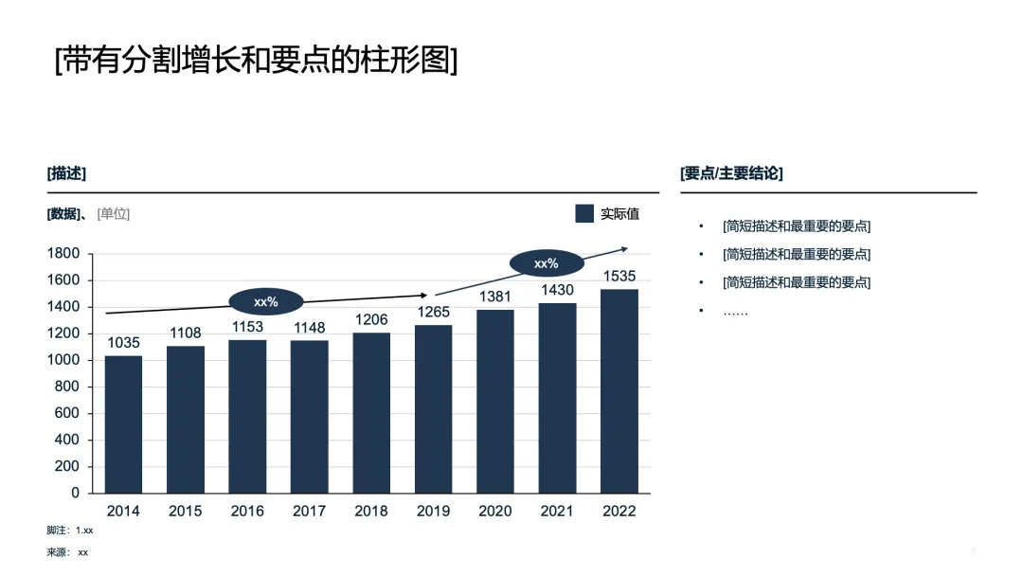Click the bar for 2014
[x=123, y=424]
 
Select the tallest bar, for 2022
[x=619, y=390]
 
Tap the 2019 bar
[x=433, y=409]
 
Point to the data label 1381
[x=495, y=297]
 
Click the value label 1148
[x=309, y=328]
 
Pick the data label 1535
[x=619, y=276]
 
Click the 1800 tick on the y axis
[x=63, y=253]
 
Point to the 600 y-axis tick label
[x=67, y=413]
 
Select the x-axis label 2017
[x=309, y=511]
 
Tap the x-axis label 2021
[x=557, y=511]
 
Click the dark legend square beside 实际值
[x=584, y=213]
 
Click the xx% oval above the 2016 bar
[x=266, y=301]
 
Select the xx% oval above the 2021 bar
[x=547, y=263]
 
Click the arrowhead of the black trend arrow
[x=424, y=295]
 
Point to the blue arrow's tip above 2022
[x=626, y=248]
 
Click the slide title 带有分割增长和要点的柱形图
[x=256, y=60]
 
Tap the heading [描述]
[x=66, y=173]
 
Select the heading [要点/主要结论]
[x=731, y=173]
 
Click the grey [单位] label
[x=114, y=214]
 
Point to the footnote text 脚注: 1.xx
[x=70, y=531]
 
